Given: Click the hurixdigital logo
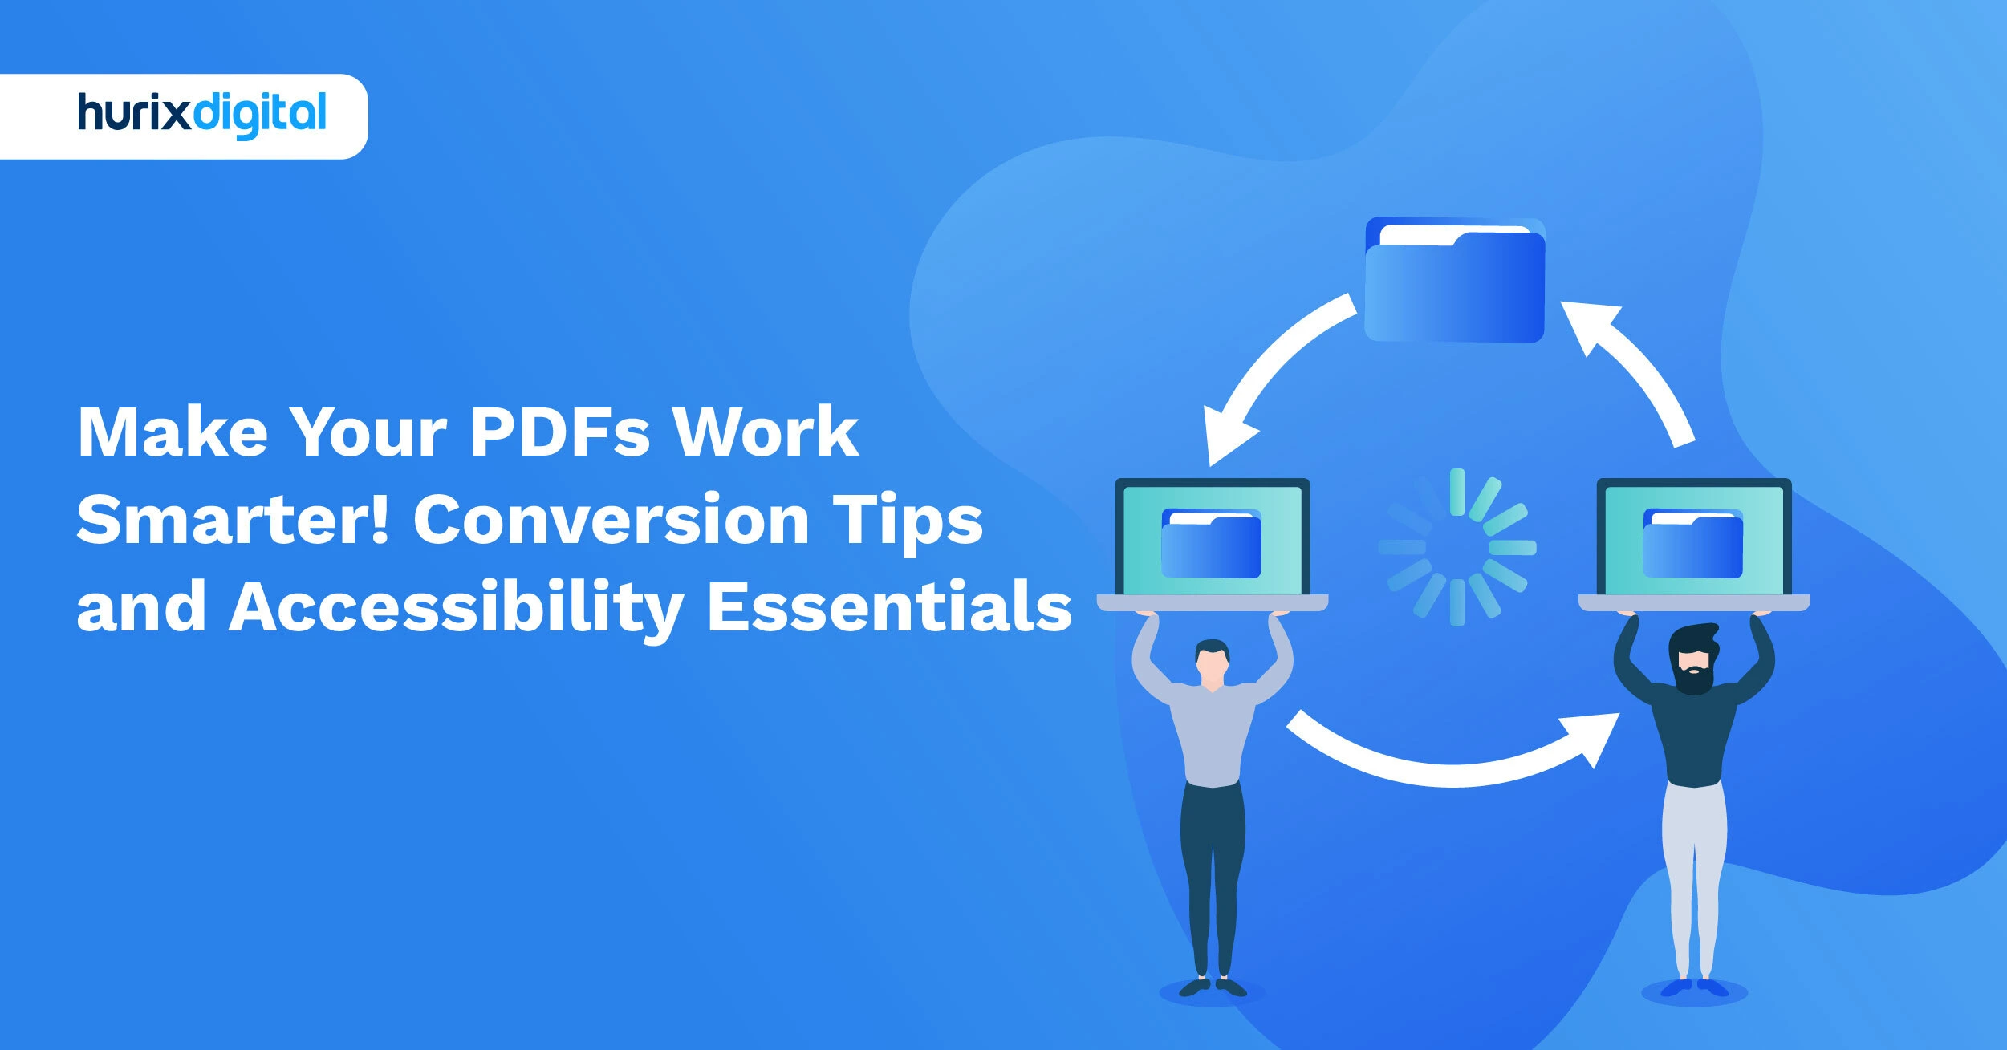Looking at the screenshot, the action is [201, 116].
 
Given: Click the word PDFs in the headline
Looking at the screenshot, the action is [559, 432].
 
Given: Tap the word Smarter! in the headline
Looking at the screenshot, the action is [233, 519].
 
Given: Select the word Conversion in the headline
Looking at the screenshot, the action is [611, 519].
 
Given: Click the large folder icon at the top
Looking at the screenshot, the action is [1455, 280].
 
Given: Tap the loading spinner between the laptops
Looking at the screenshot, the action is [1457, 547].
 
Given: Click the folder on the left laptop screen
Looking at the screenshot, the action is [1211, 544].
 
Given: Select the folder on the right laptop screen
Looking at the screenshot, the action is [1693, 544].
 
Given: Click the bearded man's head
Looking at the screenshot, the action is [1692, 659].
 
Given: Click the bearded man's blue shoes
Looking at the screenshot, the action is [1694, 987].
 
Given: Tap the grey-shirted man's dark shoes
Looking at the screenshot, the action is [1212, 987].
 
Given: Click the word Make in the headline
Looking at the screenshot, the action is [173, 432].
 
